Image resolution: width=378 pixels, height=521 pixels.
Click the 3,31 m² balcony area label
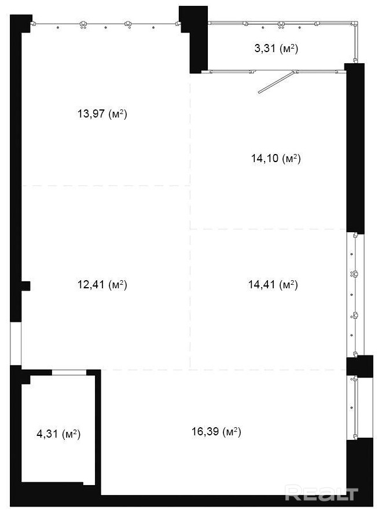point(276,49)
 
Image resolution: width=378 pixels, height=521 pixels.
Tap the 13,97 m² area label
point(102,114)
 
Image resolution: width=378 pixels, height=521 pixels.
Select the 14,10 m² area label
point(276,159)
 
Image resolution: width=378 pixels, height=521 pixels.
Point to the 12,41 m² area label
point(102,284)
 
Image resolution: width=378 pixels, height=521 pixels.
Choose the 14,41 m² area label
point(273,284)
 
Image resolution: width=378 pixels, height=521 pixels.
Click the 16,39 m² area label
point(216,432)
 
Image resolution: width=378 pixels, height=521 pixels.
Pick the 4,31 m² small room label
point(58,434)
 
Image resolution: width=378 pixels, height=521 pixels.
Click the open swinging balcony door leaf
point(276,82)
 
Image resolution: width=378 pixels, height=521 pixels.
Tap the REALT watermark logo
point(321,493)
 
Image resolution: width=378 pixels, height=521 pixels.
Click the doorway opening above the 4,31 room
point(69,372)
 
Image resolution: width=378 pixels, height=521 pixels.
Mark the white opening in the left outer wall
point(16,343)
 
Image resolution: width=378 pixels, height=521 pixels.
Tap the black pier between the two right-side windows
point(359,366)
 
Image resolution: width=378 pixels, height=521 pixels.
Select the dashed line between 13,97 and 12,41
point(105,185)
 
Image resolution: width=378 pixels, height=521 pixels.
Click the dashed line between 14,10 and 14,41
point(267,229)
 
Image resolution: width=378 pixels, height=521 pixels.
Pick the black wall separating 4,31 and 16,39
point(98,432)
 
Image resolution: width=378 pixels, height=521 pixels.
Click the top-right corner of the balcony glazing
point(356,23)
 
